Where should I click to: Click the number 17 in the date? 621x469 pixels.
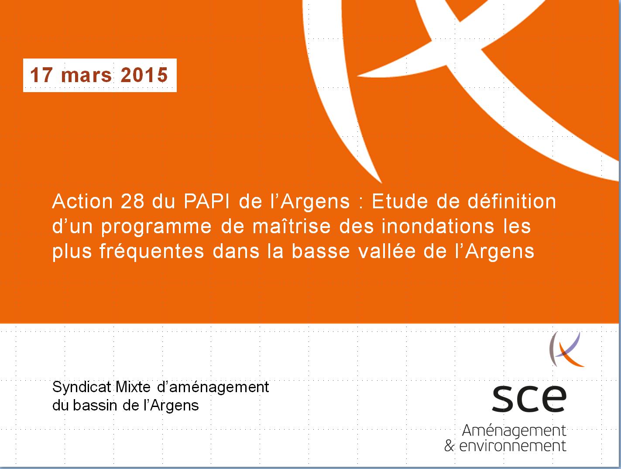pyautogui.click(x=41, y=75)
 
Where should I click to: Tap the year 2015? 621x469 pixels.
pyautogui.click(x=144, y=75)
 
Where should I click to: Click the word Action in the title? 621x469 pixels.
pyautogui.click(x=82, y=201)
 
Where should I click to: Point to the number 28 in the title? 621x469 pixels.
pyautogui.click(x=132, y=201)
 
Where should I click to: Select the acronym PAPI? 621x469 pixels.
pyautogui.click(x=206, y=201)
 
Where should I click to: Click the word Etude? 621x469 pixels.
pyautogui.click(x=400, y=201)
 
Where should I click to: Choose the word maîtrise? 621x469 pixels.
pyautogui.click(x=292, y=226)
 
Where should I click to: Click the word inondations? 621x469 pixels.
pyautogui.click(x=438, y=226)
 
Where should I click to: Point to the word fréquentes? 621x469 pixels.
pyautogui.click(x=151, y=252)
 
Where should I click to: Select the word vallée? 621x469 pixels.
pyautogui.click(x=387, y=251)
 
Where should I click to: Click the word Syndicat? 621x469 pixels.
pyautogui.click(x=82, y=387)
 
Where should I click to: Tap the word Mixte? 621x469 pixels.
pyautogui.click(x=133, y=387)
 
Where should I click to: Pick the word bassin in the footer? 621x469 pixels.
pyautogui.click(x=95, y=405)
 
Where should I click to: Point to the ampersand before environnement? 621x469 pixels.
pyautogui.click(x=449, y=446)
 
